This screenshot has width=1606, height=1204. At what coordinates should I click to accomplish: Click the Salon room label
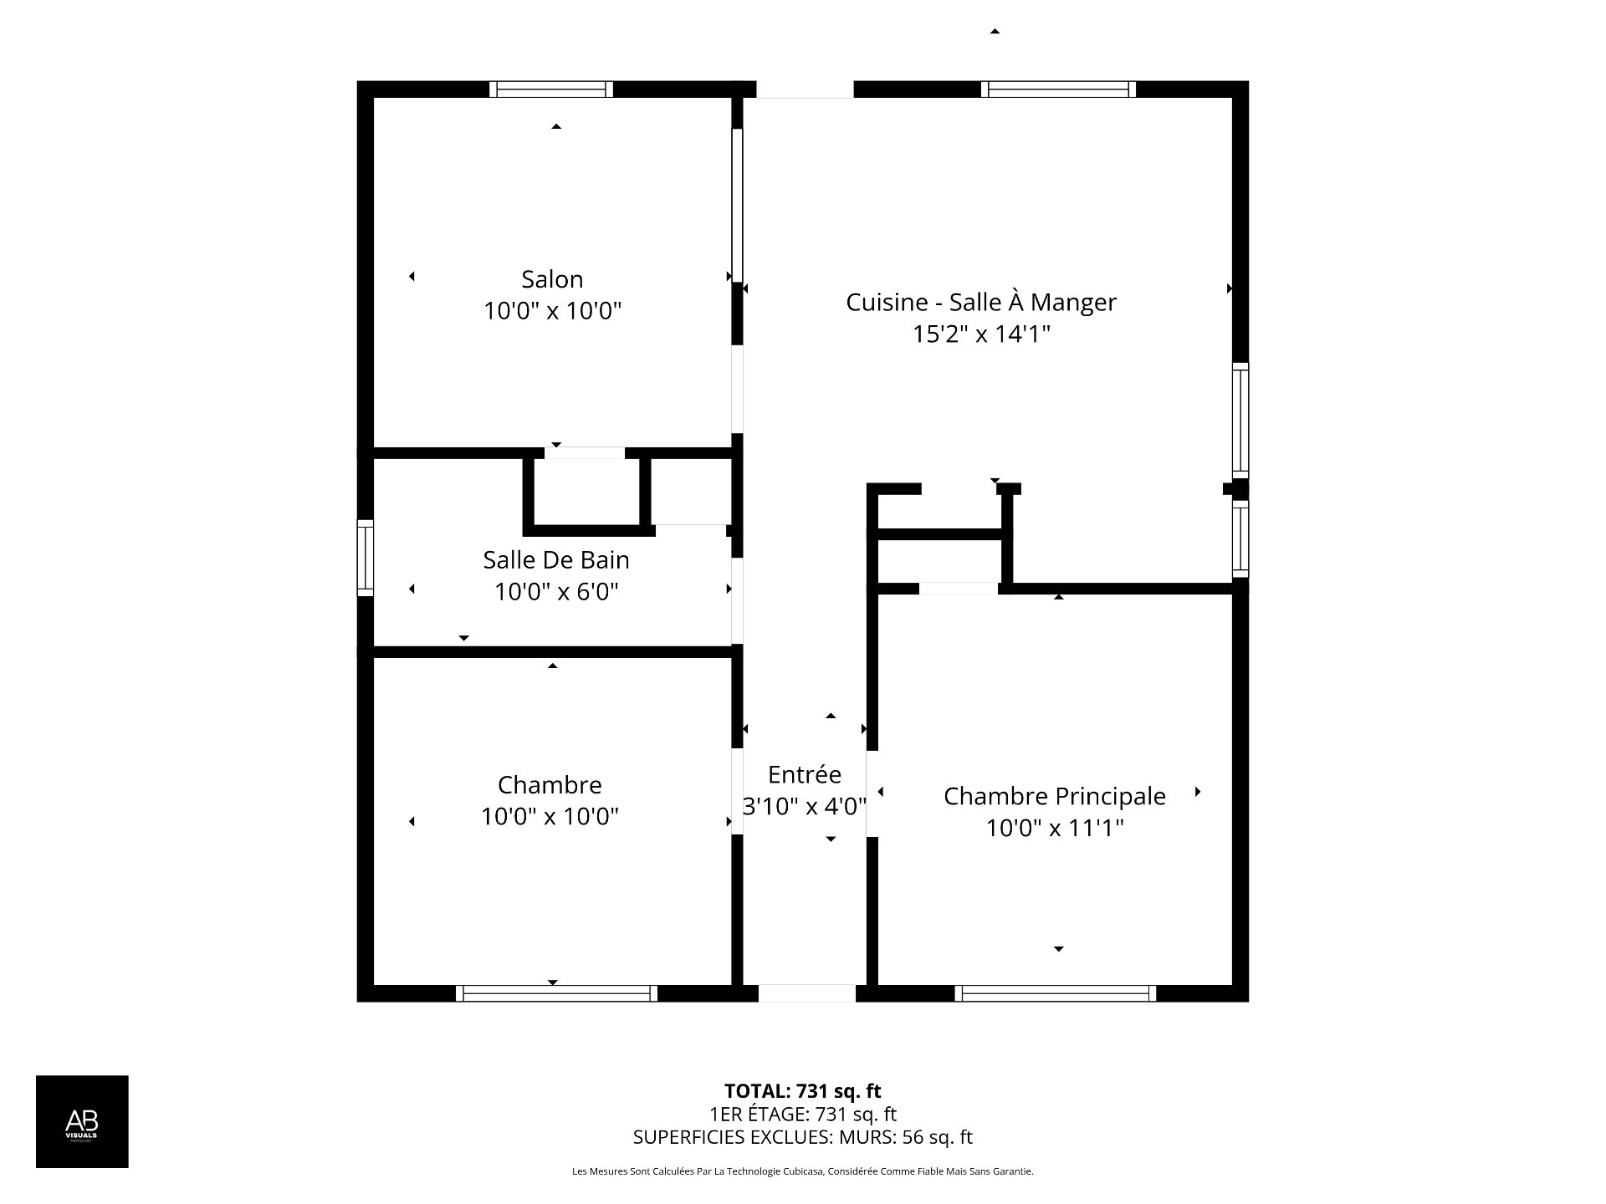[x=552, y=279]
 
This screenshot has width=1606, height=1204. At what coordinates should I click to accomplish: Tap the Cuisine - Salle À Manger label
[x=981, y=302]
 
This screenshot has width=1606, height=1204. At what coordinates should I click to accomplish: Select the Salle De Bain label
[x=556, y=559]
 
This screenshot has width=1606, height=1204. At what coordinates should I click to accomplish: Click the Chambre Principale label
[x=1055, y=797]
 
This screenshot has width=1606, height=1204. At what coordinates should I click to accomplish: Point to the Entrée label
[x=805, y=774]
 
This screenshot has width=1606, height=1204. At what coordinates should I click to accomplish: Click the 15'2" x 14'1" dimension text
[x=981, y=334]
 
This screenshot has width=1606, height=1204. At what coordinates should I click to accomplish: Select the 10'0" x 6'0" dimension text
[x=556, y=592]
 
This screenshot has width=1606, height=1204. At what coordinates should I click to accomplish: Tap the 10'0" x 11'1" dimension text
[x=1055, y=828]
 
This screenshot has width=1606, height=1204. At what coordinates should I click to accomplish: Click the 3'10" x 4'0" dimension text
[x=805, y=806]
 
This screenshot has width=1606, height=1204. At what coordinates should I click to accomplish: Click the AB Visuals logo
[x=82, y=1121]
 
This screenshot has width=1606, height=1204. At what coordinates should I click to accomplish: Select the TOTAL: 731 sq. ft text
[x=803, y=1091]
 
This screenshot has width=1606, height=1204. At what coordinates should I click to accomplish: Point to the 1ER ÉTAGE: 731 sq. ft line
[x=803, y=1115]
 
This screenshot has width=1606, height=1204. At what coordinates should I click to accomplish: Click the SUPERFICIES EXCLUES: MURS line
[x=803, y=1137]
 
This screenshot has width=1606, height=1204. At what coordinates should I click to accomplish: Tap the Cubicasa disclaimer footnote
[x=803, y=1171]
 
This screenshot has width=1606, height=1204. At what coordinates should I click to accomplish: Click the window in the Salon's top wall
[x=551, y=89]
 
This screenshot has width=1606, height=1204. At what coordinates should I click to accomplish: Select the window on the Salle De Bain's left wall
[x=366, y=558]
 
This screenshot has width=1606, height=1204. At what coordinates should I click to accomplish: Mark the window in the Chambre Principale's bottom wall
[x=1056, y=993]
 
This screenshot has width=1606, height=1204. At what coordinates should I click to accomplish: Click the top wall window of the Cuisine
[x=1059, y=89]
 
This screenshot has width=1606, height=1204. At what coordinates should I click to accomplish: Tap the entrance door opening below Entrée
[x=807, y=993]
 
